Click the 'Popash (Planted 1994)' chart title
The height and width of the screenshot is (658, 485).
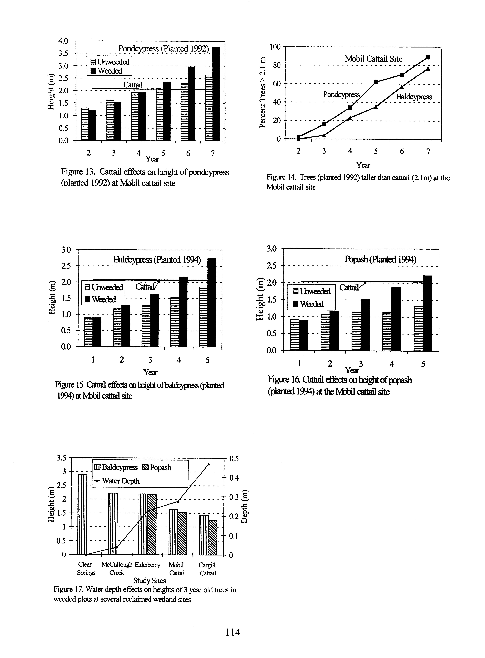(x=380, y=260)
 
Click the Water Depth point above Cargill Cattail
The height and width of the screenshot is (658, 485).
(x=208, y=464)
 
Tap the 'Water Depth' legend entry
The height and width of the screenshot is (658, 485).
(x=117, y=481)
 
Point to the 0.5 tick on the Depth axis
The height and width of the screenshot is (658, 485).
(x=234, y=459)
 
